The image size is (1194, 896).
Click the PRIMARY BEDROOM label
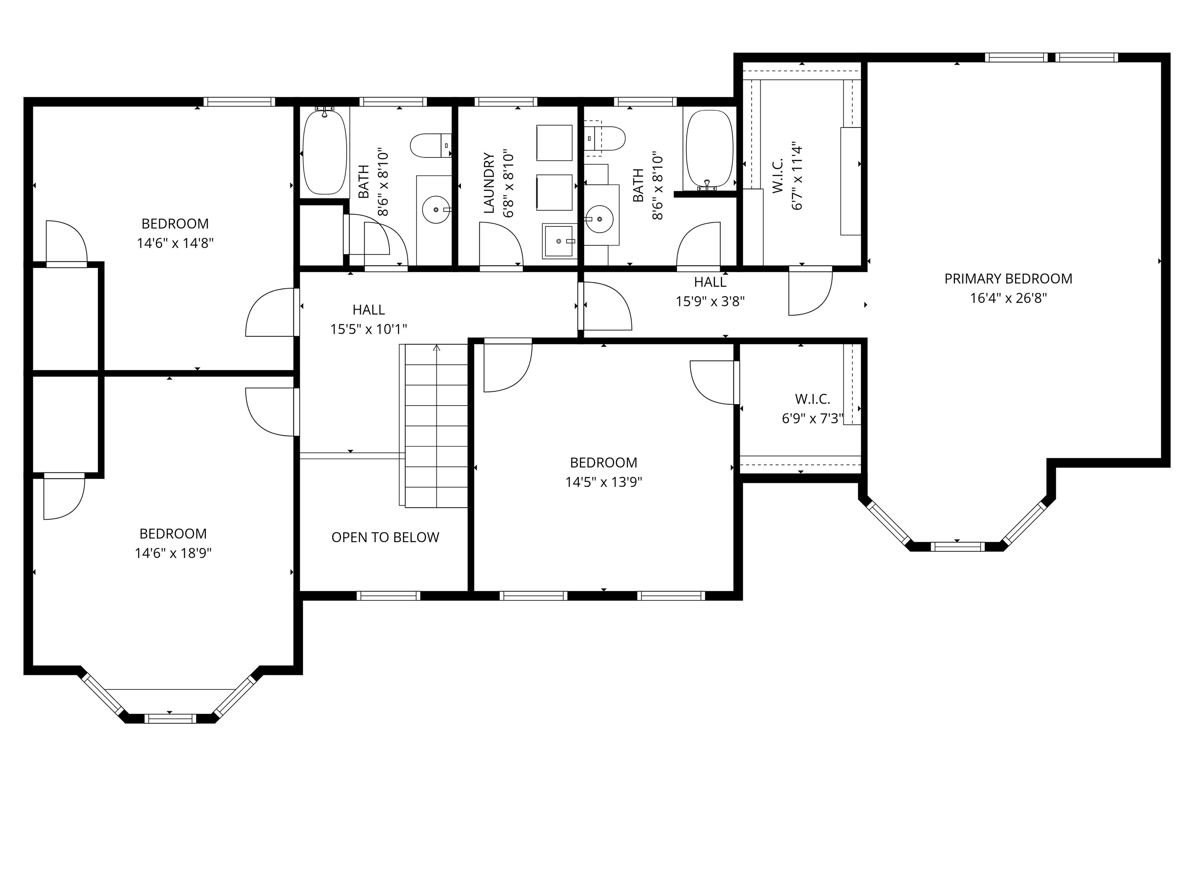pyautogui.click(x=1008, y=279)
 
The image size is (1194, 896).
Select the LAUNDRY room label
pyautogui.click(x=489, y=183)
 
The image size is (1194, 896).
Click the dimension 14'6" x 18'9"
pyautogui.click(x=173, y=553)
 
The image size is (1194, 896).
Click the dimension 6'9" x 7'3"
pyautogui.click(x=812, y=418)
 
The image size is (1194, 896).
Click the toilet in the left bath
pyautogui.click(x=430, y=145)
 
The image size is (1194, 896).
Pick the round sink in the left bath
pyautogui.click(x=436, y=210)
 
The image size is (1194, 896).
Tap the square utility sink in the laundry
pyautogui.click(x=559, y=241)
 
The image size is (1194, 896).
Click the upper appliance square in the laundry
pyautogui.click(x=554, y=143)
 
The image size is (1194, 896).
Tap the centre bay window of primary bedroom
pyautogui.click(x=957, y=546)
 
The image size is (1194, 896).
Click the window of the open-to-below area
pyautogui.click(x=388, y=596)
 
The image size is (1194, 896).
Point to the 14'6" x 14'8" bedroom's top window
pyautogui.click(x=239, y=101)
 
